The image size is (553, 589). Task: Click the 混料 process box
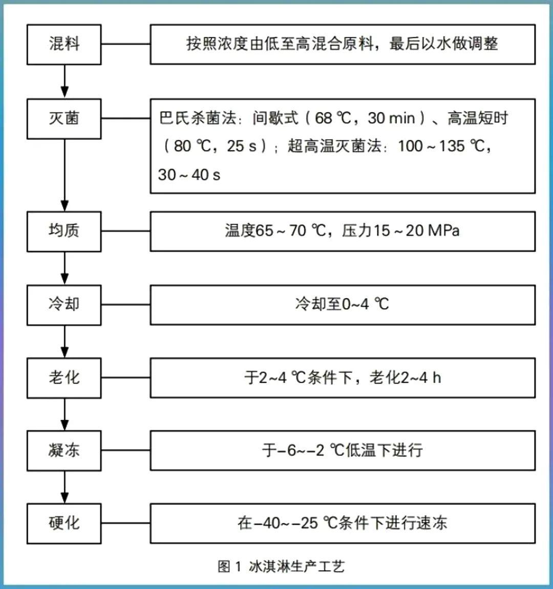click(x=64, y=44)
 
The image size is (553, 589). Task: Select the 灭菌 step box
click(x=64, y=119)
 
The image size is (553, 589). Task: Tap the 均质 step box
click(x=64, y=231)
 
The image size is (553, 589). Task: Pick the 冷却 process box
click(x=64, y=305)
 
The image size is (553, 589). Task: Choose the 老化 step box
click(x=64, y=378)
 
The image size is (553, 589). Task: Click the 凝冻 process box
click(x=64, y=451)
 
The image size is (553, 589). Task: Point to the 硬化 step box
click(x=64, y=523)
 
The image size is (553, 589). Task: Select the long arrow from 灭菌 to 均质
click(x=65, y=174)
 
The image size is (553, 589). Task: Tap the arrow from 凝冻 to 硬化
click(x=65, y=487)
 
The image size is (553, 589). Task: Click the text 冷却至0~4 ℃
click(x=342, y=305)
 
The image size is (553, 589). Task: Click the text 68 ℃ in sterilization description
click(x=333, y=119)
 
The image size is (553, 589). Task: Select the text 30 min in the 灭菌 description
click(x=391, y=119)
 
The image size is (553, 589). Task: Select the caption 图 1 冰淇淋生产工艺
click(x=281, y=566)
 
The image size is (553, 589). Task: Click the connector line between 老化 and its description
click(x=125, y=378)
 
